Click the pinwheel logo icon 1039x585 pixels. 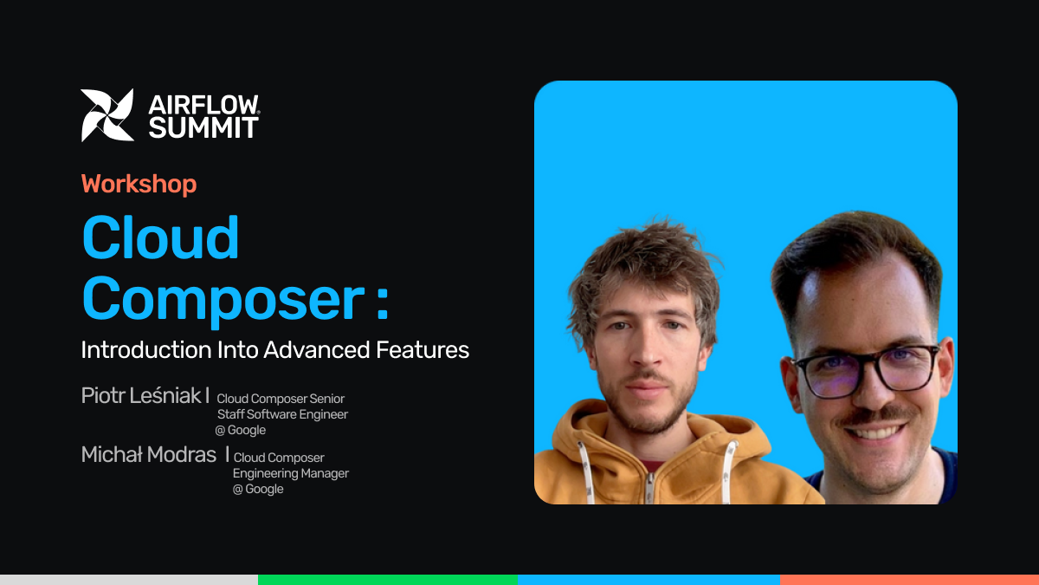tap(107, 115)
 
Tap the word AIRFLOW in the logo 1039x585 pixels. tap(203, 105)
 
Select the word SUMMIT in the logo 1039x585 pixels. tap(203, 127)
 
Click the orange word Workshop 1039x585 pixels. tap(139, 185)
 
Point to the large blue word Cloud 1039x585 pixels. tap(160, 237)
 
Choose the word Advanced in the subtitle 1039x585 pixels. tap(317, 349)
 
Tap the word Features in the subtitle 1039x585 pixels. tap(423, 349)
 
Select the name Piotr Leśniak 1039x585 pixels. tap(141, 395)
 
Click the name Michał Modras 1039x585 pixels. tap(148, 454)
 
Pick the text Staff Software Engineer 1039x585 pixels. tap(282, 414)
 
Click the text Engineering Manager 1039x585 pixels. tap(291, 473)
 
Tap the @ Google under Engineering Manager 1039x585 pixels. tap(258, 489)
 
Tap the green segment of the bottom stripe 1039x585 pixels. tap(388, 580)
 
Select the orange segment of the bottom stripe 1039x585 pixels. tap(910, 580)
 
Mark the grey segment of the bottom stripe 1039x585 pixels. tap(129, 580)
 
